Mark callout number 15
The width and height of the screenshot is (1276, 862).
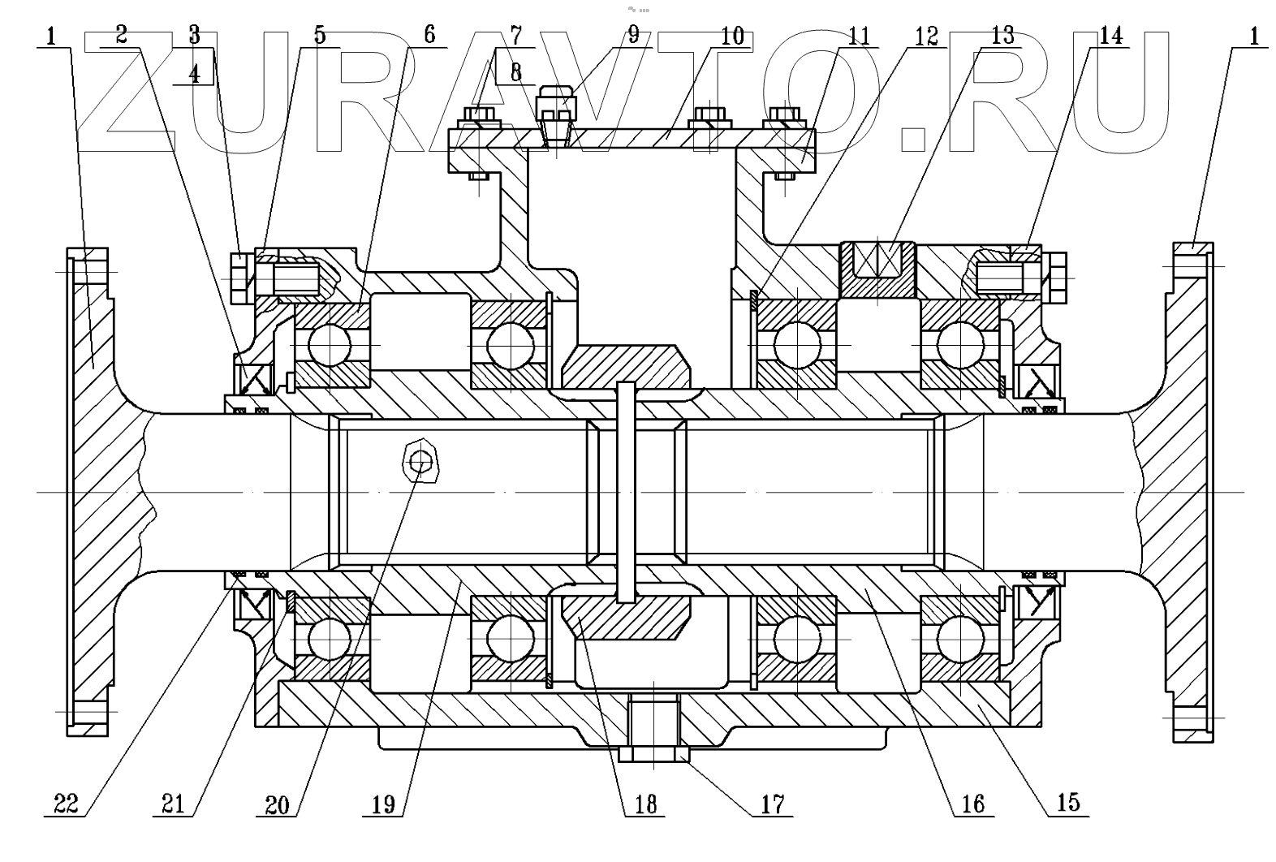1069,802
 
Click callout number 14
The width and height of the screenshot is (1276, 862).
1111,36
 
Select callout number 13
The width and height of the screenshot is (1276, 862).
1002,36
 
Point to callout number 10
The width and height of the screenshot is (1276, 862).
731,36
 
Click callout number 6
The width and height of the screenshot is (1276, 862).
429,36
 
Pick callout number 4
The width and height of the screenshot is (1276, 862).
193,73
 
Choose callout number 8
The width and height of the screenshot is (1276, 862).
515,73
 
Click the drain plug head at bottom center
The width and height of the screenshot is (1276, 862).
653,753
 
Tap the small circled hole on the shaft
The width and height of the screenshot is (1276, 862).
420,462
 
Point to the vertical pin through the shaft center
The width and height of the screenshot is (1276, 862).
627,491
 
